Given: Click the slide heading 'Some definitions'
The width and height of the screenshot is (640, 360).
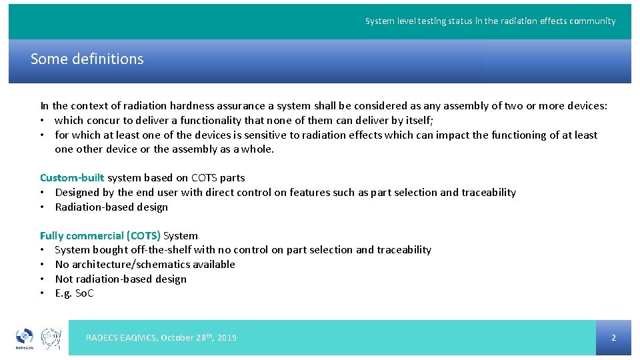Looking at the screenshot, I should click(x=87, y=59).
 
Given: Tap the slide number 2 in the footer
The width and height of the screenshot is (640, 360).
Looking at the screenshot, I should click(x=613, y=337).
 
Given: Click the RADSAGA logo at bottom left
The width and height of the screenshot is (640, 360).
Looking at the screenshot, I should click(x=24, y=339).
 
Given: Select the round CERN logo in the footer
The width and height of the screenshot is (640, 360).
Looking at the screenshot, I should click(x=51, y=339).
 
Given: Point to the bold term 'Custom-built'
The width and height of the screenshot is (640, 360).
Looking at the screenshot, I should click(x=72, y=177).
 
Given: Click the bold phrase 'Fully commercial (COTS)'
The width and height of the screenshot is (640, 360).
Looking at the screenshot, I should click(x=100, y=235).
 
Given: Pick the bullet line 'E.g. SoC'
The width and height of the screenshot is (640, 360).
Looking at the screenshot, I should click(x=74, y=293).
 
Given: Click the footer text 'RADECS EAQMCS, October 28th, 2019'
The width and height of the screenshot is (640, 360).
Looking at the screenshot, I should click(x=161, y=337).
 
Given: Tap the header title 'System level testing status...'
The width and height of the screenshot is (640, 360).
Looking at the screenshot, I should click(x=490, y=21).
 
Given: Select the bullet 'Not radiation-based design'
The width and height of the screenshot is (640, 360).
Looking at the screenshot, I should click(x=120, y=279).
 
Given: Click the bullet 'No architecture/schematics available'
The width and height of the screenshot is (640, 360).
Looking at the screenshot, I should click(x=145, y=264).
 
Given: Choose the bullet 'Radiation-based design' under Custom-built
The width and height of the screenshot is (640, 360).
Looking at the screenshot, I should click(x=111, y=207).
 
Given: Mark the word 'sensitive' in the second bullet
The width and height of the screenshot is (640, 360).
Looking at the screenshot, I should click(x=265, y=135).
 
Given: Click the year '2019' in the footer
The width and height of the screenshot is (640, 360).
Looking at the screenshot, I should click(x=227, y=337).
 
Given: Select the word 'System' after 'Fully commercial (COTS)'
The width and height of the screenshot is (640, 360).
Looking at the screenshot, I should click(x=181, y=235).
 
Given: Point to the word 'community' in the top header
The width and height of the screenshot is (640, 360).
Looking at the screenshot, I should click(x=593, y=21).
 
